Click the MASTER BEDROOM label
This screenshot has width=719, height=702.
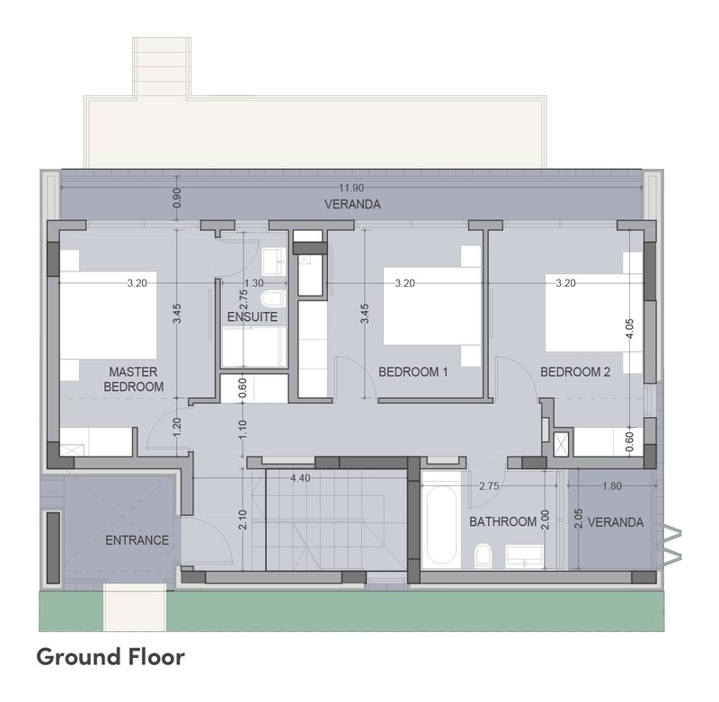(133, 379)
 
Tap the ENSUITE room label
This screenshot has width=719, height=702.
(253, 316)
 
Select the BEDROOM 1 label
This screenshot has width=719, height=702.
(413, 372)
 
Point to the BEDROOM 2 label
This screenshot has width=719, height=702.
(575, 372)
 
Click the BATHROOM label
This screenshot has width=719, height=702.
(503, 522)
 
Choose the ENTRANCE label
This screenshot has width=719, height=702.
(138, 540)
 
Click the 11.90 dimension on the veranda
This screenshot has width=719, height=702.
(351, 188)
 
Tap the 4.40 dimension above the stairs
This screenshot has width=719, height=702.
(300, 478)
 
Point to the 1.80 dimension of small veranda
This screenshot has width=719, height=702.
(612, 486)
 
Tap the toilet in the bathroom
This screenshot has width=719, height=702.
(483, 555)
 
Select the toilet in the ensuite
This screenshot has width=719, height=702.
(273, 298)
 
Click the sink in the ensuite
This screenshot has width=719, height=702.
(274, 262)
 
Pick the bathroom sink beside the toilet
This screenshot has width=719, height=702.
(526, 556)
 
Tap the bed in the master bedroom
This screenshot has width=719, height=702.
(108, 315)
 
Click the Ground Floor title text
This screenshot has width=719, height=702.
(111, 657)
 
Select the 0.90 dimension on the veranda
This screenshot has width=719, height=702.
(177, 198)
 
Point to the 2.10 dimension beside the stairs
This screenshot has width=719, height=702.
(243, 520)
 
